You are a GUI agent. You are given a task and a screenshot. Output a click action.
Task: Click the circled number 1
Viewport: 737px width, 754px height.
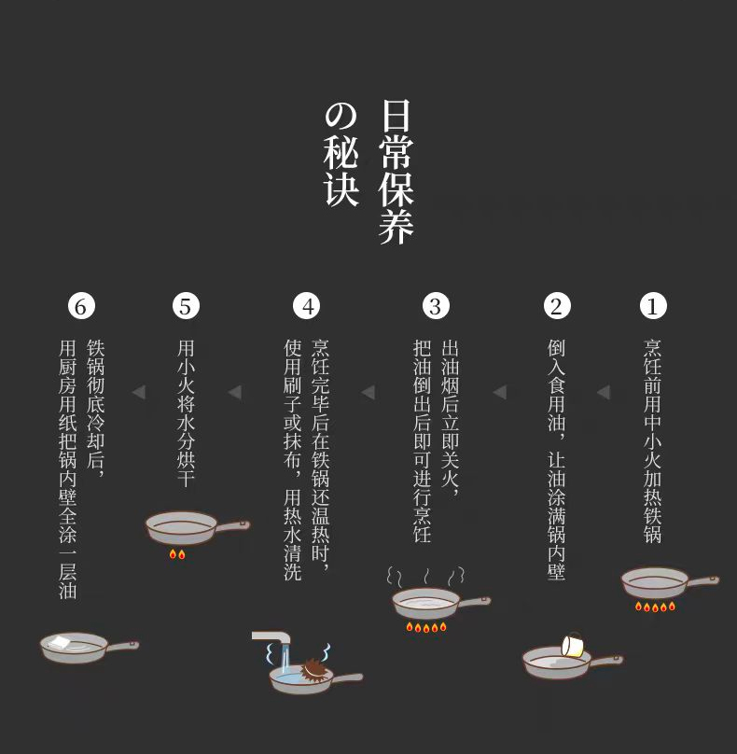tap(653, 306)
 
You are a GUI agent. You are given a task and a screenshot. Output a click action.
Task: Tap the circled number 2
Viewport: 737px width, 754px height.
tap(557, 306)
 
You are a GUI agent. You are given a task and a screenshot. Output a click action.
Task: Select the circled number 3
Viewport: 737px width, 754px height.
tap(436, 306)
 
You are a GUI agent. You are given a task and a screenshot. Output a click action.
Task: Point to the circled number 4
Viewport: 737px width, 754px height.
tap(306, 306)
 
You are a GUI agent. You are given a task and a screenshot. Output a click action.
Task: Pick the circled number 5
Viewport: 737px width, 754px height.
tap(186, 306)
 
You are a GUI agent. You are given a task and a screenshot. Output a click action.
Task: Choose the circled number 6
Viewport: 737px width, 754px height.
tap(81, 306)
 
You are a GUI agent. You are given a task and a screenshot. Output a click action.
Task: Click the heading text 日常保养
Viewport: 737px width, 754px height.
tap(396, 172)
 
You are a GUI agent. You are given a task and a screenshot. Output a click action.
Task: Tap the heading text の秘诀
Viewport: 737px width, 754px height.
tap(341, 155)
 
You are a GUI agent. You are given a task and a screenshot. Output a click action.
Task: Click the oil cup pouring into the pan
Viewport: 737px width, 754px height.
tap(573, 645)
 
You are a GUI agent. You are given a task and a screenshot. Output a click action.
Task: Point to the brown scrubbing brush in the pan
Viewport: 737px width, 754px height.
tap(313, 670)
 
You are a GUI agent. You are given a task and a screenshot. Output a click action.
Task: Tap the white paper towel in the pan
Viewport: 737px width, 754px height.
tap(60, 643)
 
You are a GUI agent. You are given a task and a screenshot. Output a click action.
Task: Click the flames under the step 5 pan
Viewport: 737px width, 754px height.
tap(177, 554)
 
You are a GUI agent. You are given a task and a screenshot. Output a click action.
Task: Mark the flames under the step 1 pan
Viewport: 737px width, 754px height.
tap(655, 607)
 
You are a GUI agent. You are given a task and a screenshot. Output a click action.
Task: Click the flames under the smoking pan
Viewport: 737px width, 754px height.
tap(426, 627)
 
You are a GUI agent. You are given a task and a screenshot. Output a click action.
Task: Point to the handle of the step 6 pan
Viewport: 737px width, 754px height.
tap(122, 646)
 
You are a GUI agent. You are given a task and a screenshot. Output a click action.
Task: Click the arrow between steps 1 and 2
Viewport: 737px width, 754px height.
tap(604, 392)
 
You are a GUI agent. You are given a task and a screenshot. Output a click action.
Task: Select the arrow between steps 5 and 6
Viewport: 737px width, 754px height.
tap(139, 392)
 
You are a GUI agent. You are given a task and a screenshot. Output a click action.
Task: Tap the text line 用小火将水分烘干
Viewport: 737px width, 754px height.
tap(186, 413)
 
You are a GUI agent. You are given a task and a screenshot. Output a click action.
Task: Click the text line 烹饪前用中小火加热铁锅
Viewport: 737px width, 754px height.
tap(653, 441)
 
